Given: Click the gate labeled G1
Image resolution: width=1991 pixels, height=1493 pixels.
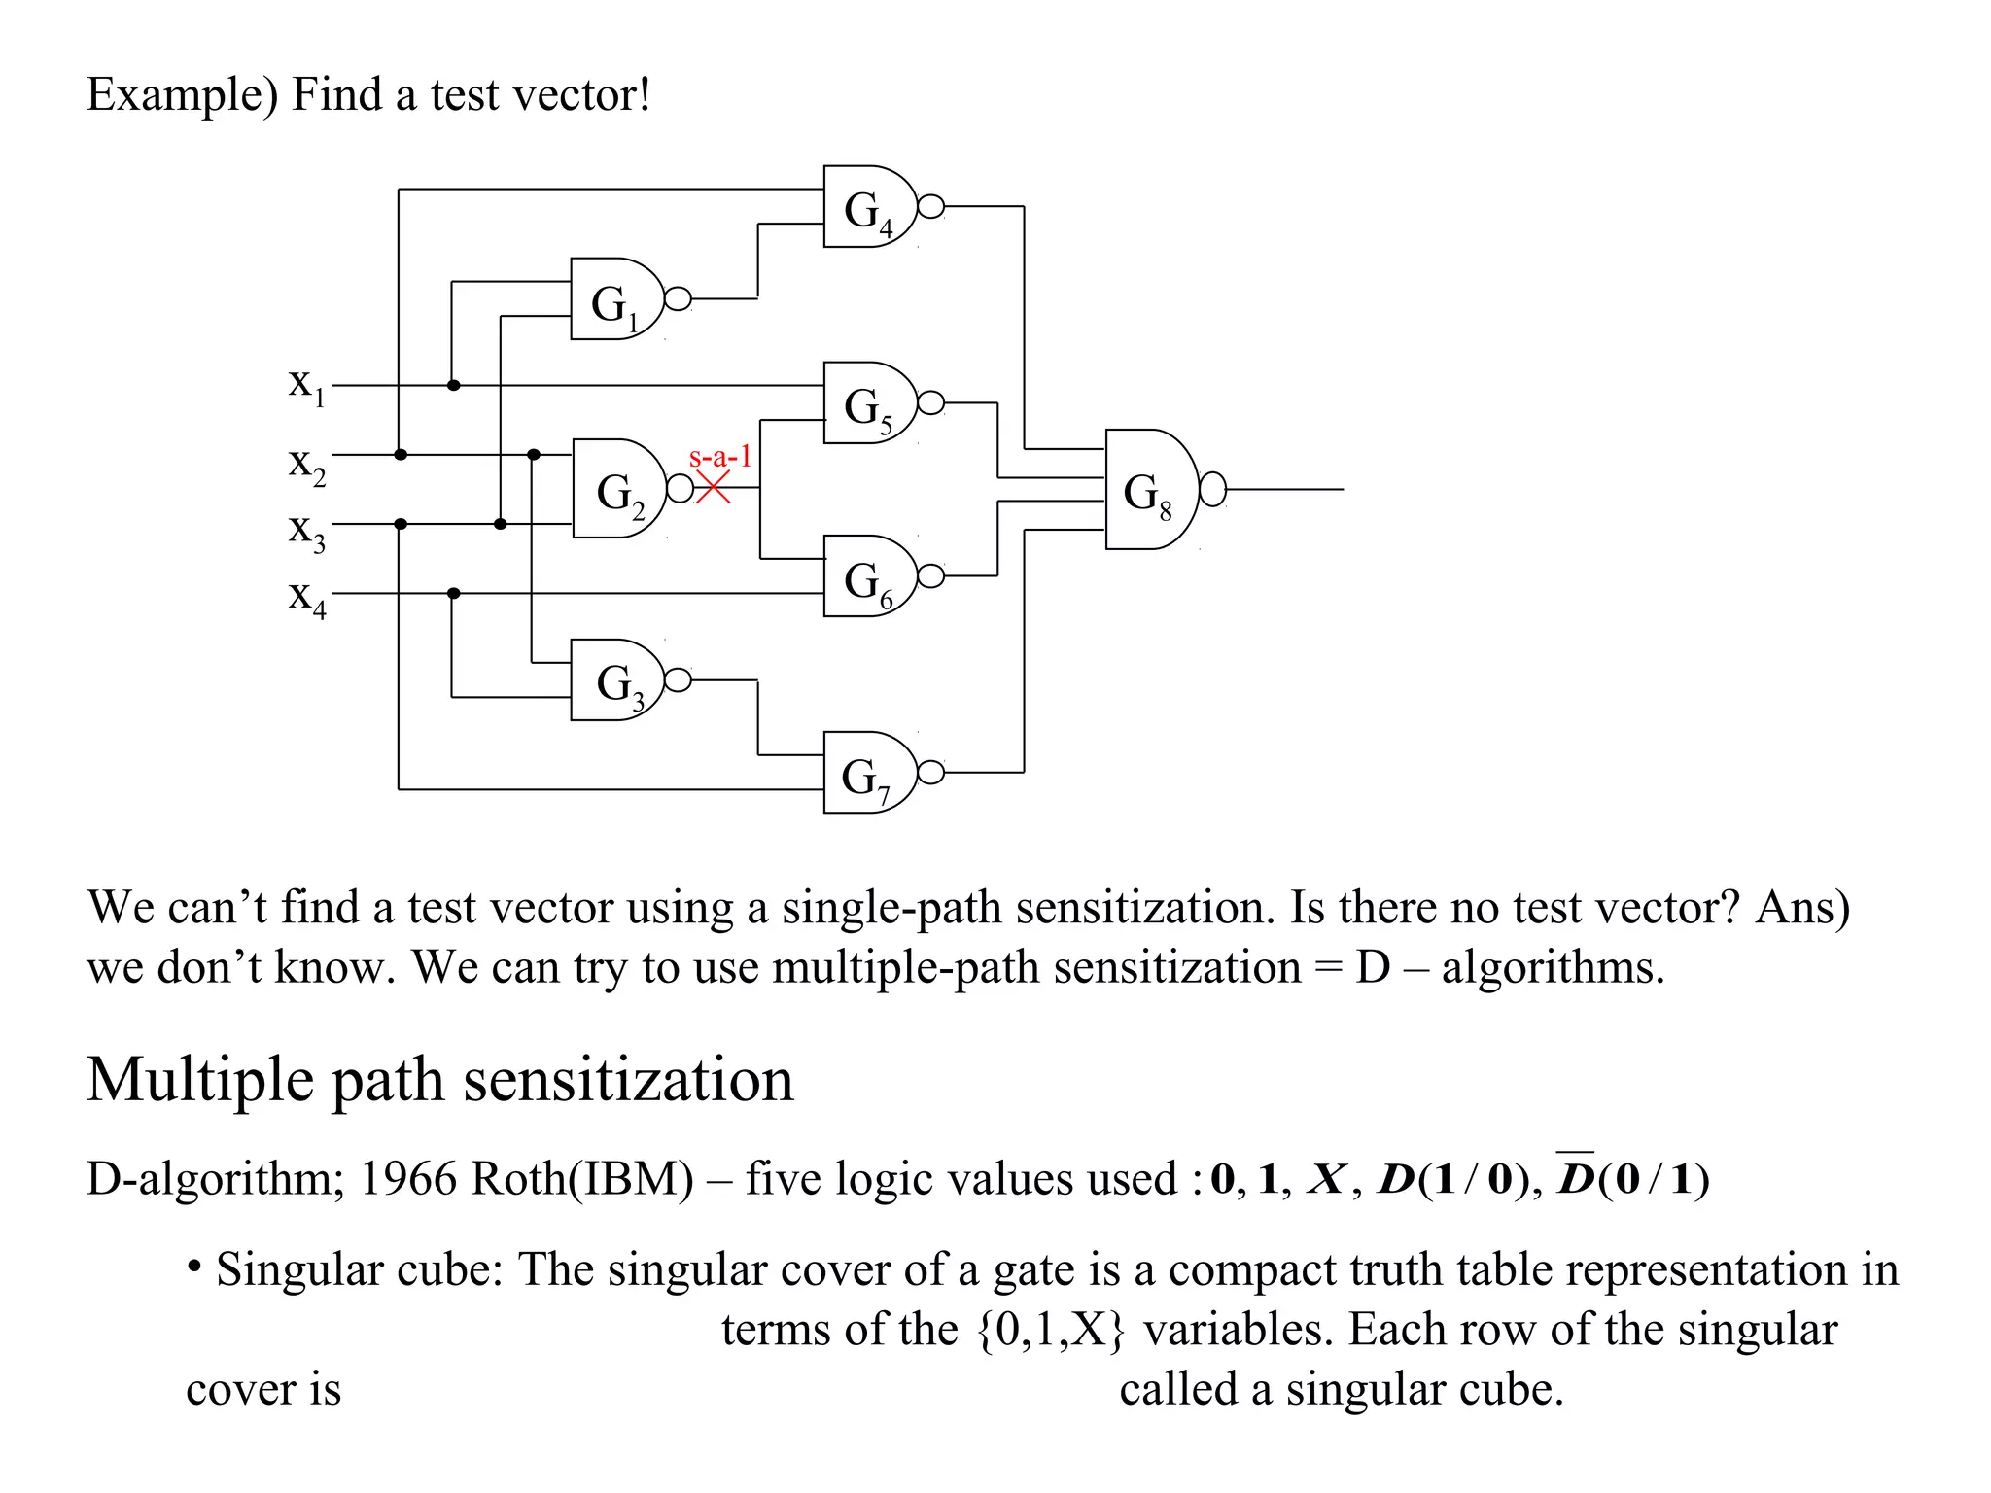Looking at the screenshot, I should [x=614, y=299].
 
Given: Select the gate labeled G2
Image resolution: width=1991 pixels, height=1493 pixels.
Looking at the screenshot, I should [x=618, y=489].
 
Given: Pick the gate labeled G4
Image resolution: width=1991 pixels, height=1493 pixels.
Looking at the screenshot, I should [x=868, y=207].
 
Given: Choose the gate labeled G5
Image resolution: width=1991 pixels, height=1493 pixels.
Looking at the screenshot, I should [x=868, y=403].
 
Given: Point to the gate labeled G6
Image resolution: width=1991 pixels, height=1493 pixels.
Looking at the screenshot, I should [x=868, y=576].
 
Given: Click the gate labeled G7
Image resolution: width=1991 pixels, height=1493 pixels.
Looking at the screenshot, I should [x=868, y=773].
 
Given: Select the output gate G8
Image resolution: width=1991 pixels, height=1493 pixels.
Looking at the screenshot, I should [x=1149, y=490].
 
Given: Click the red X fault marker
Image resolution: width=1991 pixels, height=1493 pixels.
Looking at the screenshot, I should [x=713, y=488].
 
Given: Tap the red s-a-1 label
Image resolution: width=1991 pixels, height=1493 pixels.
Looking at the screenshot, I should [x=719, y=456].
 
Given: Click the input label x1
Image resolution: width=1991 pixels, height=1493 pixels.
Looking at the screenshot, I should [x=305, y=384].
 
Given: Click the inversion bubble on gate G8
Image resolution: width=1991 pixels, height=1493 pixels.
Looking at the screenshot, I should [x=1212, y=490].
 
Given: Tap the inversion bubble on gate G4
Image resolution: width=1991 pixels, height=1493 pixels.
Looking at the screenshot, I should [x=930, y=207].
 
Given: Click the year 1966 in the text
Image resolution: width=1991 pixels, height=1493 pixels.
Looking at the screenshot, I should [x=407, y=1179].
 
